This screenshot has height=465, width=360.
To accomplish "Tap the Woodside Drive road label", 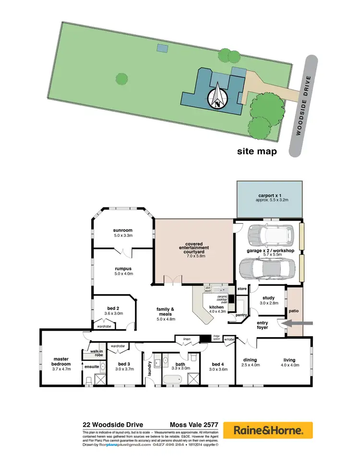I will tap(304, 106).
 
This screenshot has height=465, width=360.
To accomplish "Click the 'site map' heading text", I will tap(257, 152).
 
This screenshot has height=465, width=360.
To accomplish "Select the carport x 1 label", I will tap(269, 198).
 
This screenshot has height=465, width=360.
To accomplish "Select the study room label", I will tap(269, 300).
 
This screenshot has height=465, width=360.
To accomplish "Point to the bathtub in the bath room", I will tap(172, 380).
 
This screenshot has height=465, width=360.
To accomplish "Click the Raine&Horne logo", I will tap(267, 430).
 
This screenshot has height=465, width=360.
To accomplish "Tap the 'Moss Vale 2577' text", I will tap(194, 425).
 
